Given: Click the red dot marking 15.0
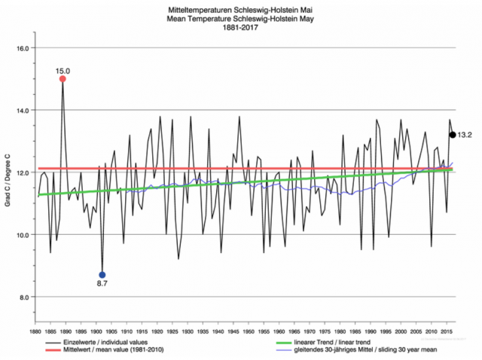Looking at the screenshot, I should point(63,79).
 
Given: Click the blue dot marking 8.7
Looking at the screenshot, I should point(102,275).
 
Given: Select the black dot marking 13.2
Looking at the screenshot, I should point(452,135).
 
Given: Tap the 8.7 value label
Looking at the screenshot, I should point(102,284).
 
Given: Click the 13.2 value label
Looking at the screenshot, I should point(465,135).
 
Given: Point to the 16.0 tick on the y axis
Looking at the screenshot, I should point(22,47).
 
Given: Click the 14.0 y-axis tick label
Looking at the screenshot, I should point(22,110).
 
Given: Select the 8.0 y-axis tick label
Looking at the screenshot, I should point(23,297).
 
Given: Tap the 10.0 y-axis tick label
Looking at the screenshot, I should point(22,234).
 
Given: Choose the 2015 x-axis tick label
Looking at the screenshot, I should point(446,331).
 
